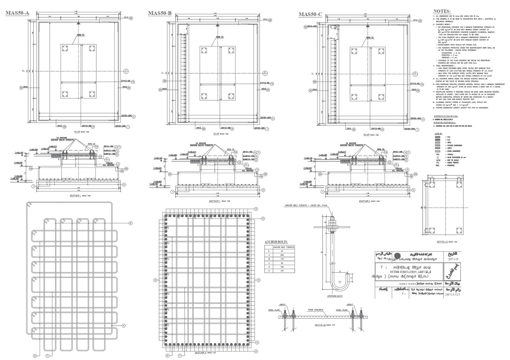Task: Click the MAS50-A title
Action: [18, 13]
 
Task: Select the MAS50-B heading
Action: [160, 13]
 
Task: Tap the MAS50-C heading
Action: [310, 14]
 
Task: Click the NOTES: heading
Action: [441, 11]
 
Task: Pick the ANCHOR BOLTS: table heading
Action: [276, 242]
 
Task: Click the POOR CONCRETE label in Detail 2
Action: [316, 310]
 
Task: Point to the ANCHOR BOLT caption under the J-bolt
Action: [335, 296]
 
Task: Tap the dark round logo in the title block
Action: [397, 256]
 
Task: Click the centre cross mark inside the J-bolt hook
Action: [340, 282]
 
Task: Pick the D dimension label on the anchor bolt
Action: [340, 271]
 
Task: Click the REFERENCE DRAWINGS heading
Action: [446, 116]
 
